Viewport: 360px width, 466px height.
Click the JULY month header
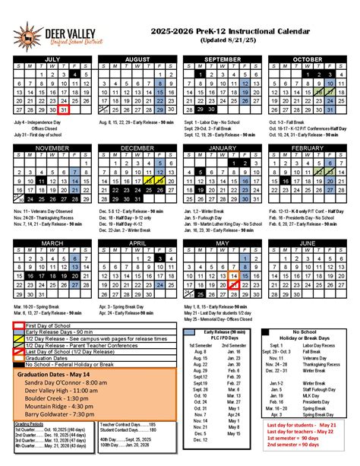click(52, 59)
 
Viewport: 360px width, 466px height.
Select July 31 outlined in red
click(65, 109)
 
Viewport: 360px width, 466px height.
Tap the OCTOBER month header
click(307, 59)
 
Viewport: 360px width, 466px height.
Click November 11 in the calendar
click(41, 182)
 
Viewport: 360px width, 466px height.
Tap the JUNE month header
click(307, 243)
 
